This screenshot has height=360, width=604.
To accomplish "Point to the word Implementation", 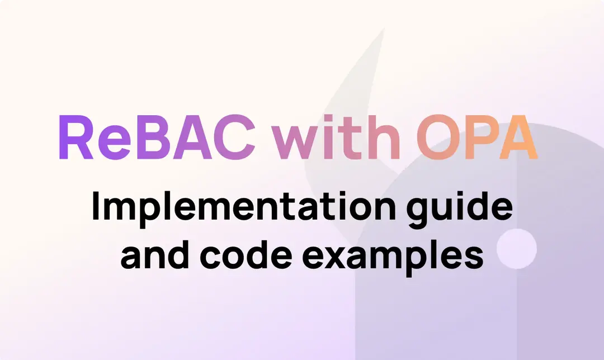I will coord(233,208).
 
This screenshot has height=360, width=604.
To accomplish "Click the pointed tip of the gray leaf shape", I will coord(384,29).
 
